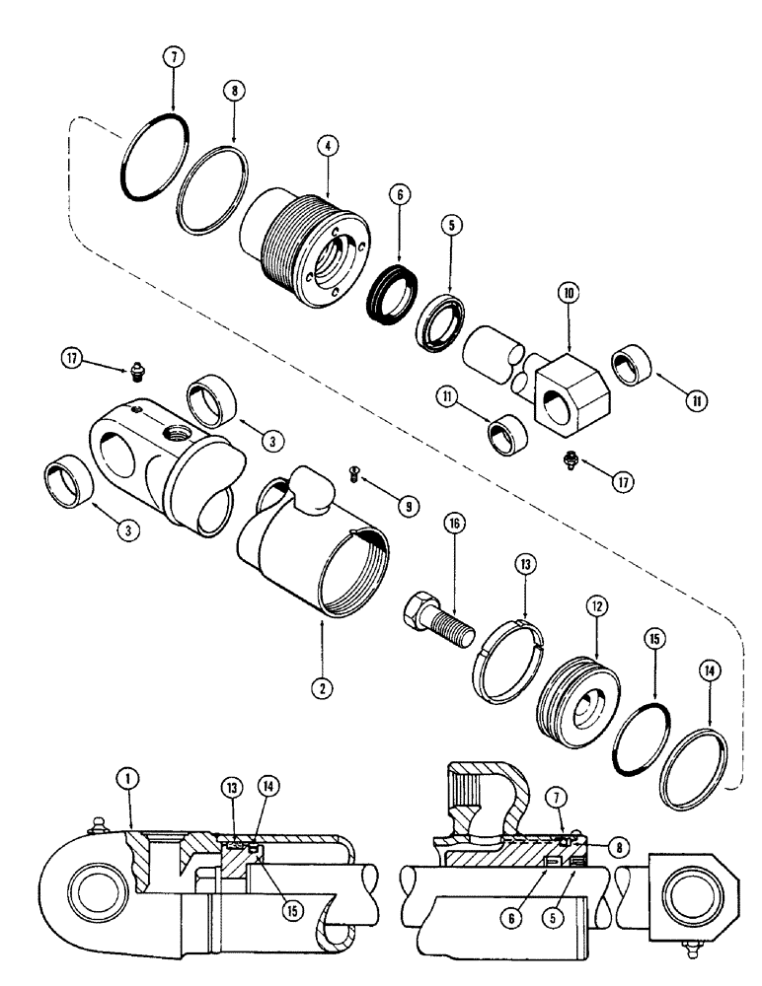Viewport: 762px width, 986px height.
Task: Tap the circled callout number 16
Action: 455,527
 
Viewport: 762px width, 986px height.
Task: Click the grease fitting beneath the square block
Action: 570,458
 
